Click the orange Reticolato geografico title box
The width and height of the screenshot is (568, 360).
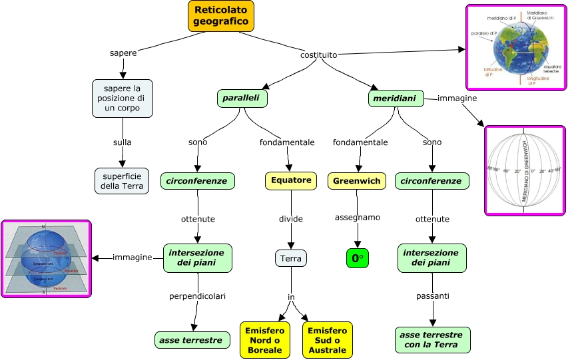pos(221,16)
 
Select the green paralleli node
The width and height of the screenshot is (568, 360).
pos(242,98)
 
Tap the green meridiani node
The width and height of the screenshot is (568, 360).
pos(396,99)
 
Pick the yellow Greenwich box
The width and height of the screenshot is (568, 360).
pos(357,181)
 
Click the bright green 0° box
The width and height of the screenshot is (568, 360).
pos(358,258)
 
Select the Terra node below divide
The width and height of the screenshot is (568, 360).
pos(291,258)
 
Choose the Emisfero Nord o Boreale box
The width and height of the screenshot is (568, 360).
pos(265,340)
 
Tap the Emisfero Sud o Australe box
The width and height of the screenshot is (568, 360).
pos(328,340)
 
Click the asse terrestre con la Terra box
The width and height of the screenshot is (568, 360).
pos(433,340)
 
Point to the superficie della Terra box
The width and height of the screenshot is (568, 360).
pos(122,180)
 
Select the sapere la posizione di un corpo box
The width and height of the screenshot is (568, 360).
pos(123,98)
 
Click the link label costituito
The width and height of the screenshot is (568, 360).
pos(318,55)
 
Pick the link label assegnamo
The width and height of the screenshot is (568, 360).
pos(358,218)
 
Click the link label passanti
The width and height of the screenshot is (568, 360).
pos(433,295)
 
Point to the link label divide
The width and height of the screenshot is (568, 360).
pos(291,218)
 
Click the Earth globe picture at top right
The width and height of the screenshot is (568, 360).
pos(515,47)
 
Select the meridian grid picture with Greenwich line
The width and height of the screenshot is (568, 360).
pos(523,170)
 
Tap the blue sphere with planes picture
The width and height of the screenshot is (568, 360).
pos(46,259)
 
